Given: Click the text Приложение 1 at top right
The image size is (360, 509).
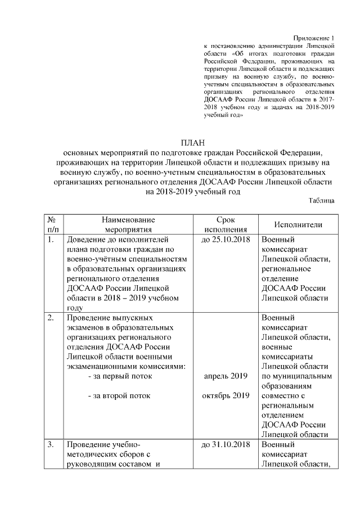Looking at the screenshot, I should pyautogui.click(x=315, y=35).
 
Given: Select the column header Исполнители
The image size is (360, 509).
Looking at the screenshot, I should pyautogui.click(x=298, y=225).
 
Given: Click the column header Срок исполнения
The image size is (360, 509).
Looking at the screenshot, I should pyautogui.click(x=226, y=225).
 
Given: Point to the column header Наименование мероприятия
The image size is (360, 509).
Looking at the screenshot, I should pyautogui.click(x=128, y=225).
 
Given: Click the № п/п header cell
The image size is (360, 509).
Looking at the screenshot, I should pyautogui.click(x=52, y=225).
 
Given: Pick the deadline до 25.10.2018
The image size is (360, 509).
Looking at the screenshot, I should pyautogui.click(x=225, y=240).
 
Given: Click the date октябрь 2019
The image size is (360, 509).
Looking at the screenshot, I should pyautogui.click(x=225, y=396).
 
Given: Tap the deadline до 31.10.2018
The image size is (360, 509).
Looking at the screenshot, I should pyautogui.click(x=225, y=444).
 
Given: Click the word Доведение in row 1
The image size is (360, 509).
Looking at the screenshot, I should pyautogui.click(x=91, y=240).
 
